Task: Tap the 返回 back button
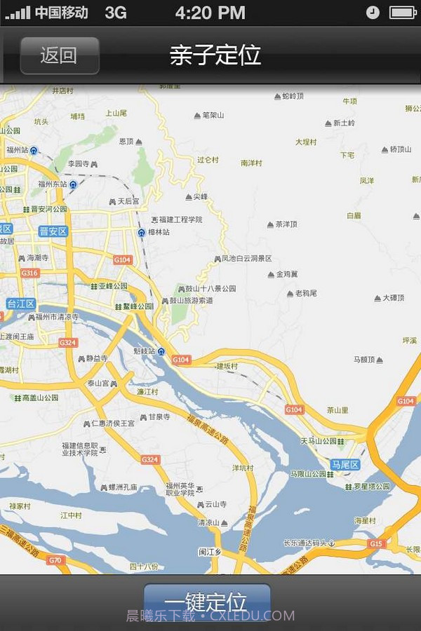point(59,55)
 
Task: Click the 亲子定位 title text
point(215,55)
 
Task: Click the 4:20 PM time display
point(210,12)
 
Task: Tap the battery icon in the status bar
point(403,12)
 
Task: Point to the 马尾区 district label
point(345,465)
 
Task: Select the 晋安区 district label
point(53,231)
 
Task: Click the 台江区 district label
point(21,304)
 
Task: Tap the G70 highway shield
point(55,560)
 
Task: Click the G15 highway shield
point(376,543)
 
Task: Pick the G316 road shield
point(29,273)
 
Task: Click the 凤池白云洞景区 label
point(246,259)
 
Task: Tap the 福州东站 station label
point(53,184)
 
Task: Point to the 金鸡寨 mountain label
point(286,274)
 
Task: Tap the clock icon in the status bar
point(373,12)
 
